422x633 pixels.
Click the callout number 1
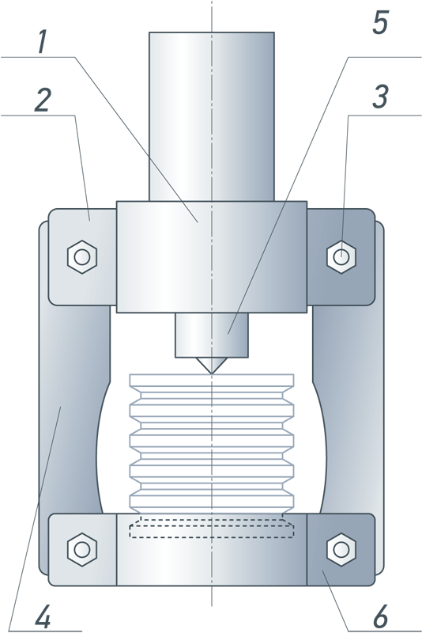pos(43,43)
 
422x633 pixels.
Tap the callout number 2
pos(43,100)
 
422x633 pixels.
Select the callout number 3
pos(380,97)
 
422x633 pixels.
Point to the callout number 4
pos(43,616)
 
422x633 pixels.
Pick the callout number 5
pos(380,23)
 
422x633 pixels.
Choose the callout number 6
pos(380,616)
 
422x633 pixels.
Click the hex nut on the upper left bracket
pos(82,257)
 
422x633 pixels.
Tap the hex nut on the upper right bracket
pos(341,256)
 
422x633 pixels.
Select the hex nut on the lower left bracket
pos(82,549)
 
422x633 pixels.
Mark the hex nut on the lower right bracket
pos(341,549)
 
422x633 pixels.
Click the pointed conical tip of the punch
pos(212,373)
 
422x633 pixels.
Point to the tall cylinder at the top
pos(212,116)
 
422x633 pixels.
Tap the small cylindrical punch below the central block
pos(212,335)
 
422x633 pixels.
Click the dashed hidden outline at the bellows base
pos(212,526)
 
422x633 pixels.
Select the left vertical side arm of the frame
pos(73,404)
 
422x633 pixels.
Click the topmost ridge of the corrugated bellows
pos(212,381)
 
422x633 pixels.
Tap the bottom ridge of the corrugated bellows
pos(212,501)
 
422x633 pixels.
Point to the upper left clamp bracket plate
pos(83,257)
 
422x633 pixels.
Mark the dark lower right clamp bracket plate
pos(341,549)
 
